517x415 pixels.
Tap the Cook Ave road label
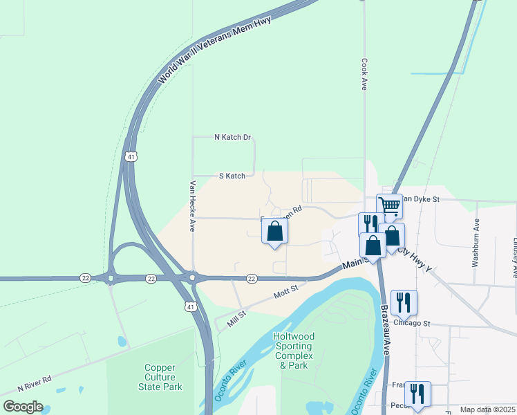[364, 74]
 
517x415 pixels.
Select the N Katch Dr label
[232, 137]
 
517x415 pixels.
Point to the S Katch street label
[232, 176]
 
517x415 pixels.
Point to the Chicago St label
[412, 323]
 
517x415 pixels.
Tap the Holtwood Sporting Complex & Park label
[294, 351]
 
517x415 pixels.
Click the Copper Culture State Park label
[163, 378]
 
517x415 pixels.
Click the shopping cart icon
[390, 206]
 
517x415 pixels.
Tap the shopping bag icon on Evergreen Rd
[275, 231]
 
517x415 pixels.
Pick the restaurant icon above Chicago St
[404, 302]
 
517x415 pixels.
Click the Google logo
[23, 406]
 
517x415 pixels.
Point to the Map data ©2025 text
[487, 409]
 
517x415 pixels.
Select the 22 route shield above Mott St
[252, 278]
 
